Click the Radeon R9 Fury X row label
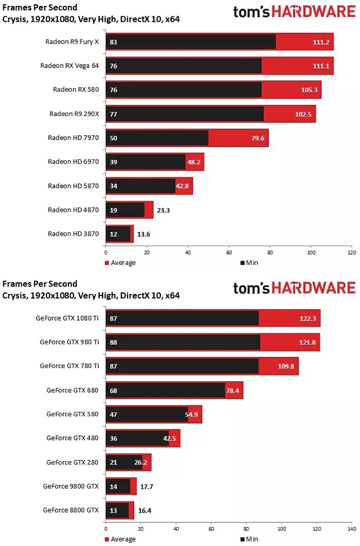coord(72,42)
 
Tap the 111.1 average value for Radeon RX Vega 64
coord(321,66)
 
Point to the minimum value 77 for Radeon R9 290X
coord(113,114)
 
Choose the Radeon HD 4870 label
coord(73,210)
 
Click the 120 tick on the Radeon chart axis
coord(351,253)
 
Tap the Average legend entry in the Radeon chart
coord(120,263)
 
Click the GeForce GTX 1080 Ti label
coord(67,318)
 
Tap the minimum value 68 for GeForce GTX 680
coord(113,390)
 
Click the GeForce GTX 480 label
coord(72,437)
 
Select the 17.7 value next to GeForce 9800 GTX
coord(146,486)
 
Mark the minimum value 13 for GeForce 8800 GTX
coord(113,510)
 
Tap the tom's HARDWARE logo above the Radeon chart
coord(294,11)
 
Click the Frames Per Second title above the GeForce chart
coord(40,284)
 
